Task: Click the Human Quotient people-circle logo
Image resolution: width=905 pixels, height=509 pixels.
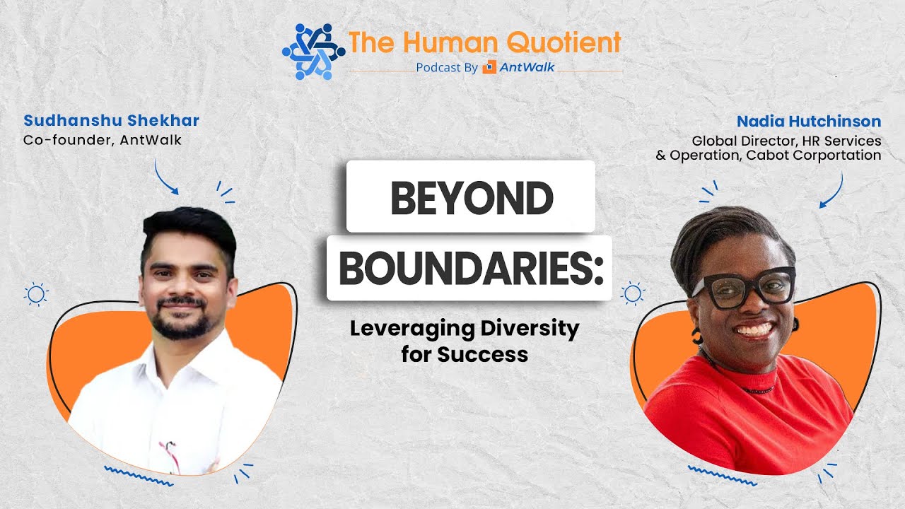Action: (313, 51)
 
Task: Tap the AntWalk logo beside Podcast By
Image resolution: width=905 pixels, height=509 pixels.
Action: (518, 68)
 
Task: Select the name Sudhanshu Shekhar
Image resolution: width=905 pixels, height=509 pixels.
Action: (112, 120)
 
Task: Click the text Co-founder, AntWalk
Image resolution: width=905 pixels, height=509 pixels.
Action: (103, 140)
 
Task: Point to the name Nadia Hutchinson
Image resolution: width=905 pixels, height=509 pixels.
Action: (809, 121)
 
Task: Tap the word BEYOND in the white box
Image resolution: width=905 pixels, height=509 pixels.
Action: (471, 199)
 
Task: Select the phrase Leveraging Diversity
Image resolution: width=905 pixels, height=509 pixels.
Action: (465, 329)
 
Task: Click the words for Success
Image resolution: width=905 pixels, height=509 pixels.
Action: (465, 353)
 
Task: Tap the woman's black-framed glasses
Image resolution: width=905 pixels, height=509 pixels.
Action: (744, 287)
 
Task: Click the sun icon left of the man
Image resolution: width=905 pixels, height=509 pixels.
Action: (35, 293)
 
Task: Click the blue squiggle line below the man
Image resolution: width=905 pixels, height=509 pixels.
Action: (138, 476)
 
